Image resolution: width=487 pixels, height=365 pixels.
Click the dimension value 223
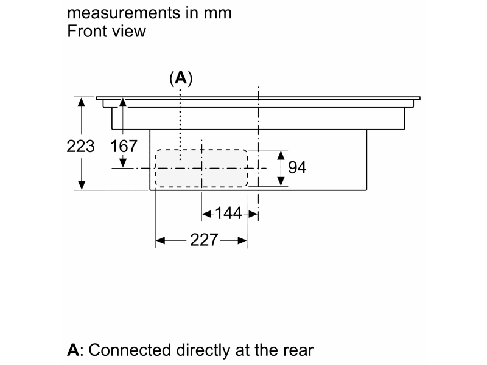(x=81, y=146)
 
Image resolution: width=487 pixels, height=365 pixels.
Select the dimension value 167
(x=124, y=146)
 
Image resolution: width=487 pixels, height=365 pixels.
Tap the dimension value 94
(x=297, y=167)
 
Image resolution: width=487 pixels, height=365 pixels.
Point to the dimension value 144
(x=229, y=213)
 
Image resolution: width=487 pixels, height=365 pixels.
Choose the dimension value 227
(x=204, y=240)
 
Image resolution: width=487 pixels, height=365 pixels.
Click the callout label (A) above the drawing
(x=181, y=78)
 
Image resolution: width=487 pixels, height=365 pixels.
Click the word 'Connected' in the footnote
(x=128, y=350)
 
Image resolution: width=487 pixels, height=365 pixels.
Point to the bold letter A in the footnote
(x=73, y=350)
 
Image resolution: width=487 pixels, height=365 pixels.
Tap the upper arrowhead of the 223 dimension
(x=81, y=101)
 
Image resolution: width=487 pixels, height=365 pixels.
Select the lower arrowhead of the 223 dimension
(x=81, y=186)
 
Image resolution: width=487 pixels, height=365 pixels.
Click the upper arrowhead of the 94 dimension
(x=281, y=154)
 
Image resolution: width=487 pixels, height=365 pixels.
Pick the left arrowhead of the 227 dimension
(x=159, y=241)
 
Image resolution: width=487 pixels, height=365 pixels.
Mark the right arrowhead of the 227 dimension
(x=243, y=241)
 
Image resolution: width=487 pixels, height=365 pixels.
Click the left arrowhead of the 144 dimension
(x=205, y=213)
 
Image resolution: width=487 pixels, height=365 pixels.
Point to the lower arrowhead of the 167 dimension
(x=124, y=163)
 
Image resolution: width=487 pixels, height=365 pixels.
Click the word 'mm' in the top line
(x=219, y=13)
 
